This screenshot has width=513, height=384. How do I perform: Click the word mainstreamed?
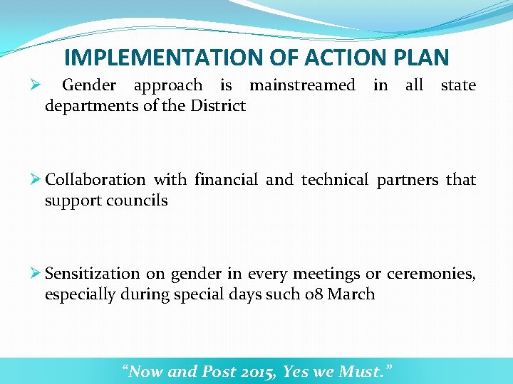(302, 86)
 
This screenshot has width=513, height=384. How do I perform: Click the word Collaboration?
(95, 180)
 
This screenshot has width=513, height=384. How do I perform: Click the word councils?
(138, 201)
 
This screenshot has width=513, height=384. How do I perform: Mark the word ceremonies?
(431, 274)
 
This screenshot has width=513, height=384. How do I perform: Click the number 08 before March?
(313, 294)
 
